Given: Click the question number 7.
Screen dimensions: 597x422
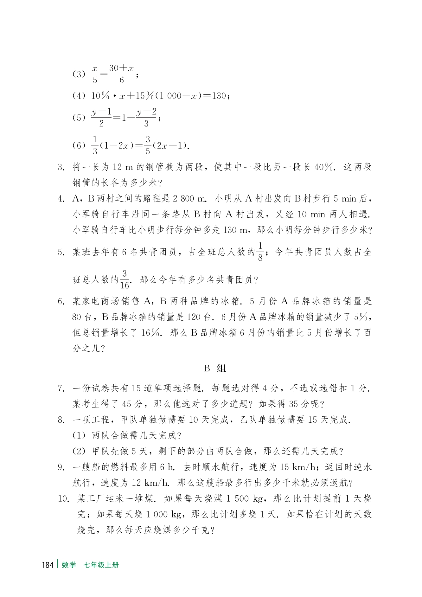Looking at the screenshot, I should pos(61,388).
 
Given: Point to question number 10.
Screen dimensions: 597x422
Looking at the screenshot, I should pos(63,499).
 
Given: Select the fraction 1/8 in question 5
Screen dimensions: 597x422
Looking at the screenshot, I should pos(260,252).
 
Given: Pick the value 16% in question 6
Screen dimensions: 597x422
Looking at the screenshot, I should pos(151,333).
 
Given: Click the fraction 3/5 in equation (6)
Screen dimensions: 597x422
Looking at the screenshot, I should pos(148,145).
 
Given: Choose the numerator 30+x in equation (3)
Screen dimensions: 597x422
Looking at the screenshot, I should pos(122,68).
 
